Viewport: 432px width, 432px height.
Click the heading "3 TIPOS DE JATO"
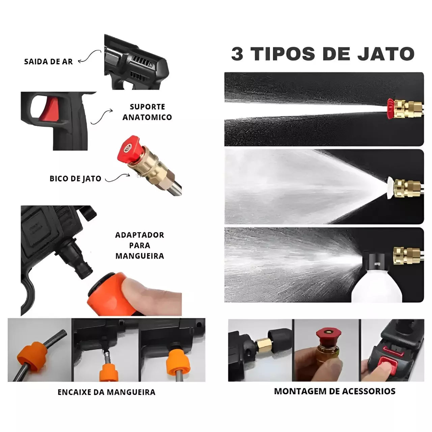(x=323, y=54)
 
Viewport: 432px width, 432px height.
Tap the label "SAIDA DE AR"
(x=49, y=62)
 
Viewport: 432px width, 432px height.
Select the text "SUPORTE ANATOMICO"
(x=147, y=112)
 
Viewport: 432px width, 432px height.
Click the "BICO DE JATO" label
(x=75, y=179)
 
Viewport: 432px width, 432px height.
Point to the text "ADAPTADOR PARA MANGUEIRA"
(x=140, y=245)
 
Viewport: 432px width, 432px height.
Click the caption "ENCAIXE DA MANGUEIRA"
(x=106, y=392)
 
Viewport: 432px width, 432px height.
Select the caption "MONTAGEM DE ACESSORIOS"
(x=334, y=391)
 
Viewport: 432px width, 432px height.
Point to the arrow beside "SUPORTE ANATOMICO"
(x=102, y=117)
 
